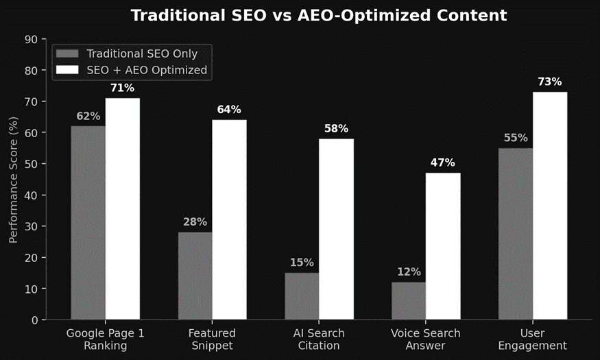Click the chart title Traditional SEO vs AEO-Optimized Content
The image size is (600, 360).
319,15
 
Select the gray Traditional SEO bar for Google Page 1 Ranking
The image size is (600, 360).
88,223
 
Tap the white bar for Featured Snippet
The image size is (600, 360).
229,219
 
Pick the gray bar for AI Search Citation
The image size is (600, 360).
302,296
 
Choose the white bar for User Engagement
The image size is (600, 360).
550,206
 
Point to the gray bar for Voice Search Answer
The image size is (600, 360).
409,301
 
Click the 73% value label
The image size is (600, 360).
550,82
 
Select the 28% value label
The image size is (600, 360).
195,221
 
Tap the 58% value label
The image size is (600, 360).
336,128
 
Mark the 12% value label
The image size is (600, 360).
409,272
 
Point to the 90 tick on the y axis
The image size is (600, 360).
31,39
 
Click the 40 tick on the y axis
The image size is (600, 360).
31,195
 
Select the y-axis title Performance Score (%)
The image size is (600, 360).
14,180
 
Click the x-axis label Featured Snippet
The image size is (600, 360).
212,339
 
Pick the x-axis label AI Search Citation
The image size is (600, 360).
319,339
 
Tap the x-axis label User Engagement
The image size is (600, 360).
533,339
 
